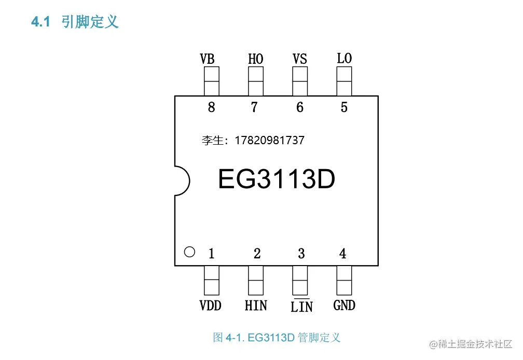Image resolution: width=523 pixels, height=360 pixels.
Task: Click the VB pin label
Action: point(207,59)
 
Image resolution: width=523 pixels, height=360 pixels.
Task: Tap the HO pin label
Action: point(256,59)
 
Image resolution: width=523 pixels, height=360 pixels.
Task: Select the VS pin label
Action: point(300,59)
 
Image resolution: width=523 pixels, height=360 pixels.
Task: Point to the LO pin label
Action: point(345,59)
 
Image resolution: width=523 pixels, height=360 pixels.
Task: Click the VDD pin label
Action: point(211,306)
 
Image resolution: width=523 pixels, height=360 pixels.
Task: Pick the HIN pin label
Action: point(256,306)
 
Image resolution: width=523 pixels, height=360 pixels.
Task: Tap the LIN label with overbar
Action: point(301,306)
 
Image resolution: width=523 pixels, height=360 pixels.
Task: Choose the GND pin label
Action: point(345,306)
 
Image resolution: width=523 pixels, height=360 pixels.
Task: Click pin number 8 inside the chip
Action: point(211,107)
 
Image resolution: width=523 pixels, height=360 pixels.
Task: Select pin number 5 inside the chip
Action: point(344,107)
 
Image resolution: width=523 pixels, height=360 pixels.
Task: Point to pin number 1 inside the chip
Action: point(211,254)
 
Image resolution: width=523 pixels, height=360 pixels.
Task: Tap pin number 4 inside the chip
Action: point(342,254)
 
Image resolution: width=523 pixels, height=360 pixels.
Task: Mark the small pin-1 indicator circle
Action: point(189,252)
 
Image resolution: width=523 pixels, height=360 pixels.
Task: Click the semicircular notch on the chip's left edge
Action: point(181,181)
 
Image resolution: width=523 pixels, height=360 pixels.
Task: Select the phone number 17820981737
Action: point(270,141)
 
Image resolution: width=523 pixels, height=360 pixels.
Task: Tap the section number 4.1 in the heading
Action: point(40,22)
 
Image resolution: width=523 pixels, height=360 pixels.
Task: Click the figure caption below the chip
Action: point(277,338)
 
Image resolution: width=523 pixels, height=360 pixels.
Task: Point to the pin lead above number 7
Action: point(255,82)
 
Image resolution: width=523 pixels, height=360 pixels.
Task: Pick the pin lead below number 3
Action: point(300,280)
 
